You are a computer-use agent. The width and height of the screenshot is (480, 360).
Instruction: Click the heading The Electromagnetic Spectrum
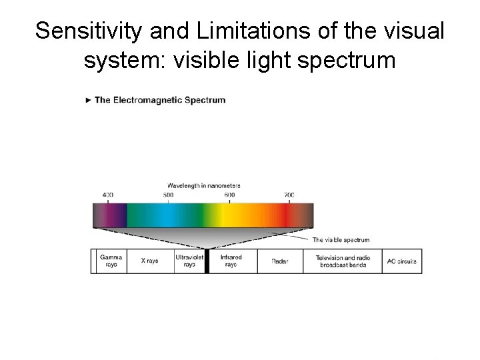(x=160, y=100)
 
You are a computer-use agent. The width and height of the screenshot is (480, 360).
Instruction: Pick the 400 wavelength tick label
(x=108, y=195)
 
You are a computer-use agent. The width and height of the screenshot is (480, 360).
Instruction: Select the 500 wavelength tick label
(x=168, y=195)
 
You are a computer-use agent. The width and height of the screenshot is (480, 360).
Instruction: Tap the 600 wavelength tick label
(x=229, y=195)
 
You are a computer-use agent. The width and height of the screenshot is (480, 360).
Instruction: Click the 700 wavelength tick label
(x=289, y=195)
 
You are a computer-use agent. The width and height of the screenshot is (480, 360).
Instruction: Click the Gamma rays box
(x=111, y=261)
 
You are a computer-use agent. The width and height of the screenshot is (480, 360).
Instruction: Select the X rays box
(x=149, y=261)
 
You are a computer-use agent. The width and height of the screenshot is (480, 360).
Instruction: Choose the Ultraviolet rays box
(x=189, y=261)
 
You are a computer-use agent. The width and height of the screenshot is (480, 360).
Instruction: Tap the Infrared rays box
(x=231, y=261)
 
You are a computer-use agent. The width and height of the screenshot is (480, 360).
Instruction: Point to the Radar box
(x=280, y=261)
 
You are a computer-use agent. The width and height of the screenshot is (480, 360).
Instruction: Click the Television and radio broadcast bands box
(x=343, y=261)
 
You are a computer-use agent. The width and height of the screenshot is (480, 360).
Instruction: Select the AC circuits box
(x=401, y=261)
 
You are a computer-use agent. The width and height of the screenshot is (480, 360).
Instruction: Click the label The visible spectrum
(x=341, y=239)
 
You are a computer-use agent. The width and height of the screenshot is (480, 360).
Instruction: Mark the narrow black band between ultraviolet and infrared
(x=207, y=261)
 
